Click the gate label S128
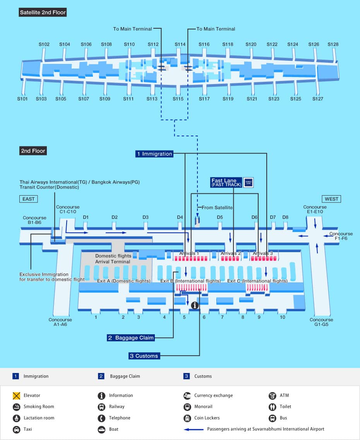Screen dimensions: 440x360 click(333, 45)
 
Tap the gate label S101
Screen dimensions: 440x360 click(22, 99)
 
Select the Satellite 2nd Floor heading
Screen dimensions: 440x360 click(43, 12)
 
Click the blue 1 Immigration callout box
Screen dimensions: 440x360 click(154, 154)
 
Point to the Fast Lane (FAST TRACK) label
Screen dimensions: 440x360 click(226, 182)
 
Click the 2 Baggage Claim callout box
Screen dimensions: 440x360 click(131, 338)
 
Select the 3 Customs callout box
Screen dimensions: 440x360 click(144, 356)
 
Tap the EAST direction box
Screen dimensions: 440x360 click(28, 199)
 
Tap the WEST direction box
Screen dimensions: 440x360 click(331, 199)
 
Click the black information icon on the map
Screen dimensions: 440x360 click(195, 305)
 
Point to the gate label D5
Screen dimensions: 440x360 click(220, 217)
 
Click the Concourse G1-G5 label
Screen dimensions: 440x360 click(321, 322)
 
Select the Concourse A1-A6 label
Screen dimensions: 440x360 click(60, 322)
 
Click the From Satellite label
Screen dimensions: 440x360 click(217, 208)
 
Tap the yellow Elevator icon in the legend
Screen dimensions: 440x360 click(16, 395)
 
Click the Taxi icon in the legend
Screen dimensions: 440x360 click(16, 429)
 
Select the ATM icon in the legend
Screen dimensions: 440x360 click(272, 395)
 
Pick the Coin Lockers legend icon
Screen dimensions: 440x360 click(187, 418)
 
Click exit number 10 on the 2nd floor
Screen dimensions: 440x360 click(283, 317)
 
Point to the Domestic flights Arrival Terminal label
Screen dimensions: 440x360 click(113, 259)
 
